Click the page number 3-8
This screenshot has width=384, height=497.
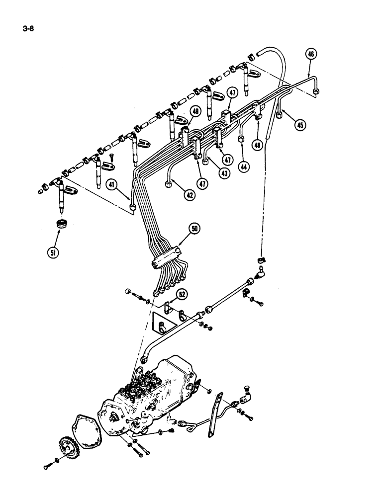click(28, 28)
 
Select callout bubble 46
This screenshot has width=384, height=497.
click(311, 55)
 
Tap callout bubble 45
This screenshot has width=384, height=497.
click(299, 125)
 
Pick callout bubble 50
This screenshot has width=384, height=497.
click(194, 229)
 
